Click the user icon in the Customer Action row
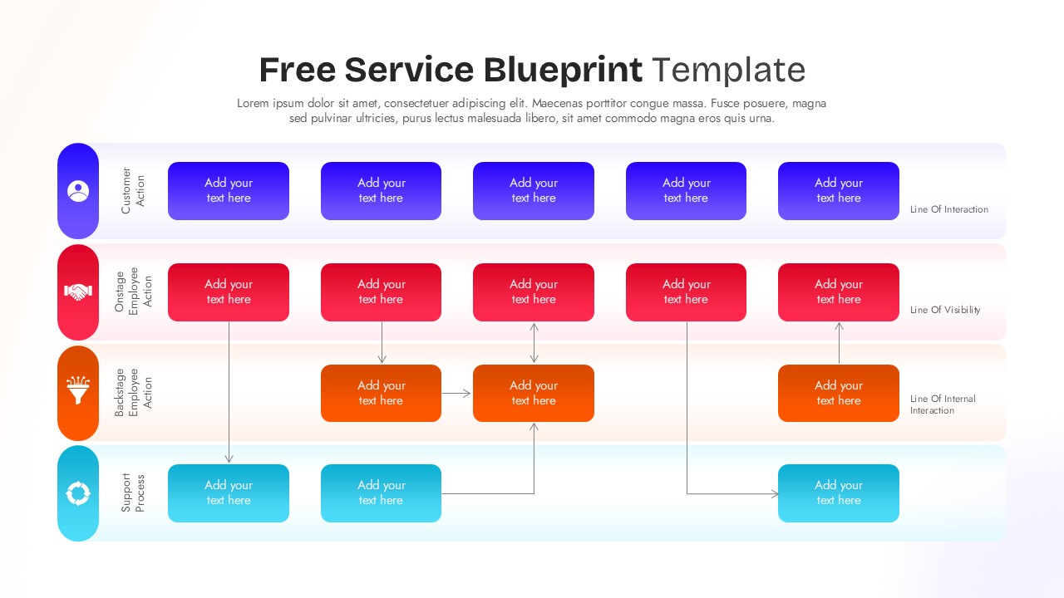pyautogui.click(x=78, y=191)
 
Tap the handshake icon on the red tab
pyautogui.click(x=78, y=292)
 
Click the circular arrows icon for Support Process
pyautogui.click(x=78, y=493)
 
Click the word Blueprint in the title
pyautogui.click(x=563, y=70)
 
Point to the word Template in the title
pyautogui.click(x=728, y=70)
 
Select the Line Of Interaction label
pyautogui.click(x=948, y=209)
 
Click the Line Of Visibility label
pyautogui.click(x=945, y=310)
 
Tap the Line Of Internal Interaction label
pyautogui.click(x=942, y=404)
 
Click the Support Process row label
pyautogui.click(x=133, y=493)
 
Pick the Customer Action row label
pyautogui.click(x=133, y=191)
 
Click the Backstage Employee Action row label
pyautogui.click(x=133, y=392)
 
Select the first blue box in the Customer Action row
pyautogui.click(x=229, y=191)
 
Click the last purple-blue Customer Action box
pyautogui.click(x=838, y=191)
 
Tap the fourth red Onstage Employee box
pyautogui.click(x=686, y=292)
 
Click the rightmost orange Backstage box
pyautogui.click(x=838, y=393)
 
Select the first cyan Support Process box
pyautogui.click(x=229, y=493)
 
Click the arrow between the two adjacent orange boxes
pyautogui.click(x=457, y=393)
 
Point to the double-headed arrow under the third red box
pyautogui.click(x=534, y=343)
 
